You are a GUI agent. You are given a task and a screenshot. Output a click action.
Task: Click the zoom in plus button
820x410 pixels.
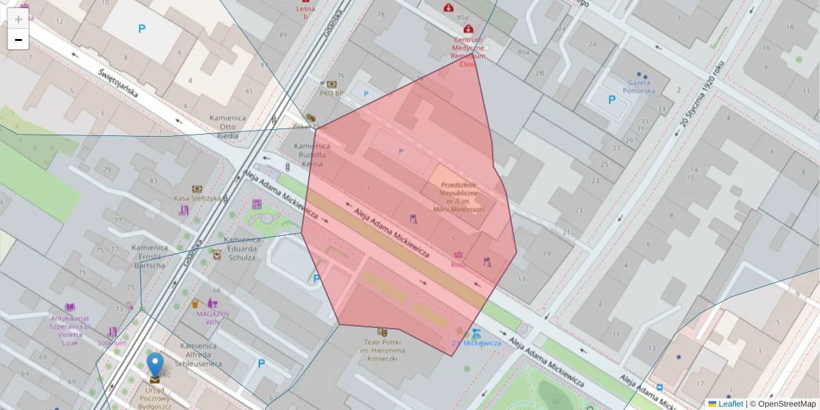pos(18,18)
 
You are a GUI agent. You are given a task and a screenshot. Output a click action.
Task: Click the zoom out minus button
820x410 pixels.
pos(18,40)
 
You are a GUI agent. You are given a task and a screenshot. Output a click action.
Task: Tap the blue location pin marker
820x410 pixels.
pos(156,366)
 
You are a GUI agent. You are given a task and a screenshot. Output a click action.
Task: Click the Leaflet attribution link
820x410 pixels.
pos(730,404)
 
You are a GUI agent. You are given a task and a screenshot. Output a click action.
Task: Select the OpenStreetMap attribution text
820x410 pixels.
pos(787,404)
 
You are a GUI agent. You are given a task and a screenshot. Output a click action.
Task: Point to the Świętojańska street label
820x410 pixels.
pos(127,85)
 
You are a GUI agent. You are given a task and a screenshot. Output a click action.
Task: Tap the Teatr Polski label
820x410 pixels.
pos(382,349)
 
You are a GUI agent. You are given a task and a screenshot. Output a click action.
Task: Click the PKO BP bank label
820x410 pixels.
pos(331,93)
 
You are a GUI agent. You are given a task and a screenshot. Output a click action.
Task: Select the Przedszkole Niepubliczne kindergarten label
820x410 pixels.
pos(462,197)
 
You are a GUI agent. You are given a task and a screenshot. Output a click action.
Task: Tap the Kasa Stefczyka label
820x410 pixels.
pos(197,198)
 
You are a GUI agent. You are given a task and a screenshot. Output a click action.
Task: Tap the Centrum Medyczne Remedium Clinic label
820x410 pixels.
pos(468,52)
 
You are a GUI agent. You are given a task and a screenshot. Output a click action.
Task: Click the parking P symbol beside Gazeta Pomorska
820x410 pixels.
pos(612,100)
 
